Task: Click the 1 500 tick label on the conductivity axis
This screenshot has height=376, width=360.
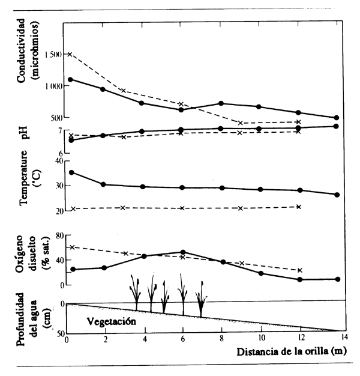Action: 50,55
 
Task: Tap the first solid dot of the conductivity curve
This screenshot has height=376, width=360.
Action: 71,79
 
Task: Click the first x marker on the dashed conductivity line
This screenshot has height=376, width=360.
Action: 70,54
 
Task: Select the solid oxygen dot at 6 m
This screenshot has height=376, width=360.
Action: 182,252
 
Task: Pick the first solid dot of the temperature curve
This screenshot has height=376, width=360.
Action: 72,172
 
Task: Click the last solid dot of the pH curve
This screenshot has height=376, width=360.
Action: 336,126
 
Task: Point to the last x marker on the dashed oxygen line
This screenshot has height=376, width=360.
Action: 299,270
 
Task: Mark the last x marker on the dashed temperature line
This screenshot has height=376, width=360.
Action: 299,207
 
